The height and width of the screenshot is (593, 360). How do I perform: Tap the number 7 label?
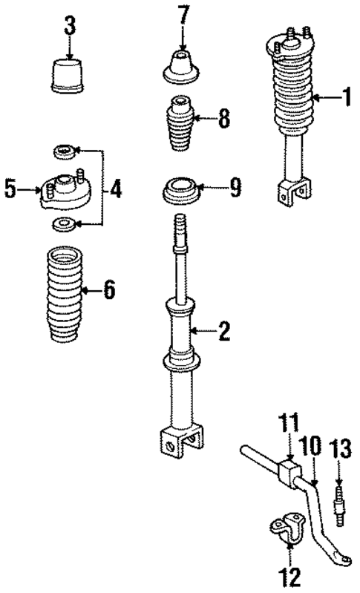pos(183,15)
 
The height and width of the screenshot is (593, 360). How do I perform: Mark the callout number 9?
pos(234,189)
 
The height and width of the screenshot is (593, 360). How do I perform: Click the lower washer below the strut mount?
pos(64,223)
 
